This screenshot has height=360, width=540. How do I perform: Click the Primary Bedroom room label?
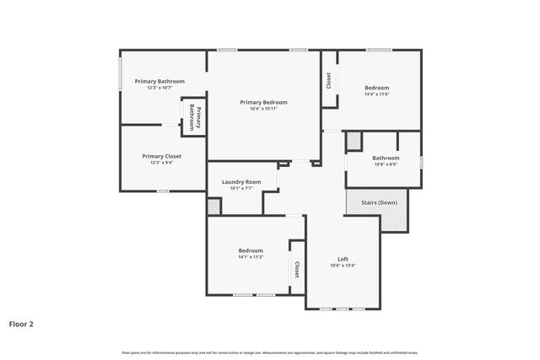(x=263, y=102)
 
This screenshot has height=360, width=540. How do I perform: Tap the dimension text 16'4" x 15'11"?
(x=263, y=109)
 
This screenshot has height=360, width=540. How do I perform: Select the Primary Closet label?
(x=161, y=156)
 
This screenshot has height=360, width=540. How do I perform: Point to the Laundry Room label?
(x=241, y=181)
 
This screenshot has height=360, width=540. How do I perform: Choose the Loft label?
(x=343, y=259)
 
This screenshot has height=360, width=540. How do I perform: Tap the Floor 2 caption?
(x=21, y=323)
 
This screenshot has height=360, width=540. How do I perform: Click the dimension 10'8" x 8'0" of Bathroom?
(x=386, y=164)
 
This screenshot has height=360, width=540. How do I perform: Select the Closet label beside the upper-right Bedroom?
(x=328, y=80)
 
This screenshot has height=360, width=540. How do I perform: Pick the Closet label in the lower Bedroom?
(x=297, y=269)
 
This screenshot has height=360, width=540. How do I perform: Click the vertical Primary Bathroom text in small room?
(x=194, y=116)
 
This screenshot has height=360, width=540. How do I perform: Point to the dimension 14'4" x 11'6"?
(x=376, y=94)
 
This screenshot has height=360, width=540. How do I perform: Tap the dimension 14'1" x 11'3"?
(x=250, y=257)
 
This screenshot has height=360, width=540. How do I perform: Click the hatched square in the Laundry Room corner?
(x=213, y=207)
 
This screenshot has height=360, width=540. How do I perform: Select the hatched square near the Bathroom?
(x=354, y=141)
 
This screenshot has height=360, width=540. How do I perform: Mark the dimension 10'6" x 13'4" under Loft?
(x=343, y=266)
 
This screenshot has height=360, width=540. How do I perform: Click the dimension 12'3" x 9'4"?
(x=161, y=163)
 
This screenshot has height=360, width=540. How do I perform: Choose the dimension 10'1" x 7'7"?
(x=241, y=188)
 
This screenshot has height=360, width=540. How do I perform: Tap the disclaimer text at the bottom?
(x=270, y=352)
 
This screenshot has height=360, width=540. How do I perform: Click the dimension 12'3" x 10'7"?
(x=159, y=88)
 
